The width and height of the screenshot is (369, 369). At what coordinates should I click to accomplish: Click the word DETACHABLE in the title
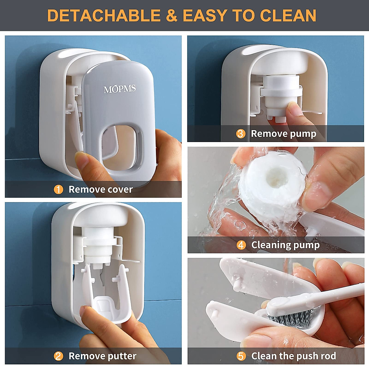[104, 16]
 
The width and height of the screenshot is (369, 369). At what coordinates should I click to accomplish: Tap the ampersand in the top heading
[172, 16]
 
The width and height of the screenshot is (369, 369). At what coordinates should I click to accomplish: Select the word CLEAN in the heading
[288, 16]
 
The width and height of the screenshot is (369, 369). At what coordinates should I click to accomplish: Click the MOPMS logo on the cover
[120, 89]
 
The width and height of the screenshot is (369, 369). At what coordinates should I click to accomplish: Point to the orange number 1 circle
[58, 189]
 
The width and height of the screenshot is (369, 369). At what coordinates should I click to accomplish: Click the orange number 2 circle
[58, 356]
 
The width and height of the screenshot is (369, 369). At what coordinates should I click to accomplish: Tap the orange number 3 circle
[241, 134]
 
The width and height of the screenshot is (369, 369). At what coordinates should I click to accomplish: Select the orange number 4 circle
[241, 245]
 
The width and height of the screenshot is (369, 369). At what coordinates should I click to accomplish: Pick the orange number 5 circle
[241, 356]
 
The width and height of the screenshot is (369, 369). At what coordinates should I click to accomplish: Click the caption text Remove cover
[101, 189]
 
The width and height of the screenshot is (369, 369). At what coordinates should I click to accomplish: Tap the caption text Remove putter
[102, 356]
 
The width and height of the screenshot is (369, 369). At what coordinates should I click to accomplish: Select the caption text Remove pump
[284, 134]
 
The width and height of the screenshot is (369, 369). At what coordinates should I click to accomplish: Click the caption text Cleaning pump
[285, 245]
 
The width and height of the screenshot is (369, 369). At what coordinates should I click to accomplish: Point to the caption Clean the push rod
[293, 356]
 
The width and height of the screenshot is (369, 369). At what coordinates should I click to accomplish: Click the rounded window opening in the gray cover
[122, 143]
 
